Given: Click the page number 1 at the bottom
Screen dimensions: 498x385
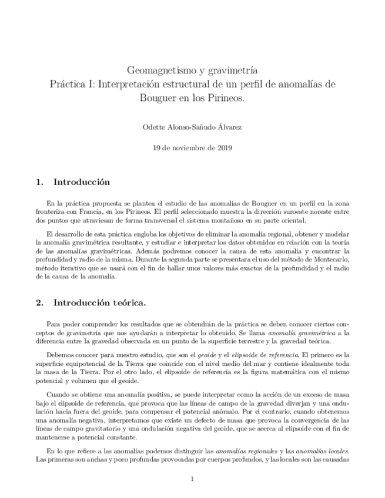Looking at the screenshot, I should coord(192,479).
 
